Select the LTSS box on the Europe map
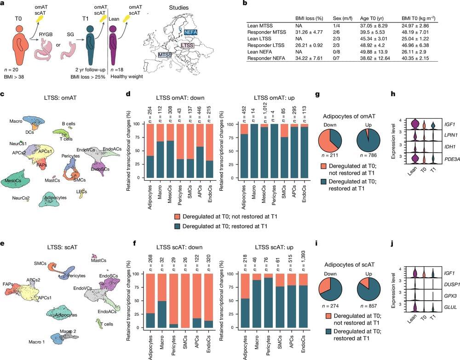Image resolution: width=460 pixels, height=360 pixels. (x=187, y=46)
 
